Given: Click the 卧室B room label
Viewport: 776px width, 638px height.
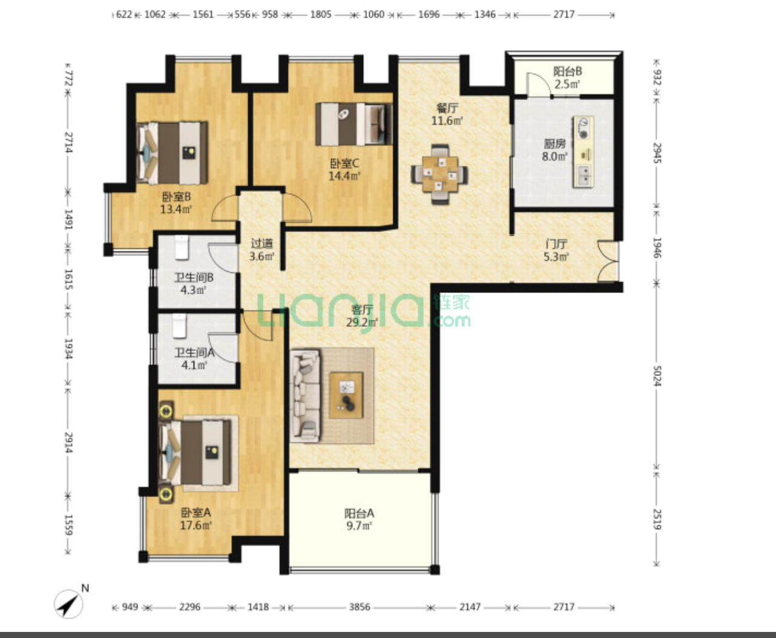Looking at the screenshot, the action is (176, 197).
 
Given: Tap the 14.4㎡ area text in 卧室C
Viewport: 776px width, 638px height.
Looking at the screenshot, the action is (344, 176).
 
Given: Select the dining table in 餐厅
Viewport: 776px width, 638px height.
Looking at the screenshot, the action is (439, 174).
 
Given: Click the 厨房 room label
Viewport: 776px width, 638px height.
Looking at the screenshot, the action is (554, 143).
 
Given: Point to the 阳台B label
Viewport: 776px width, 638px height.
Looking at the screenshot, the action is (567, 71).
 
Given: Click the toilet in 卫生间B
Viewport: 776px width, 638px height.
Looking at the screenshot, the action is (182, 248).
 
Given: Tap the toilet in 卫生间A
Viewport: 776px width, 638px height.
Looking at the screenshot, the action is (180, 326).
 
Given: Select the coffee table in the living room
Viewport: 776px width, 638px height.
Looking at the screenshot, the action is (346, 395).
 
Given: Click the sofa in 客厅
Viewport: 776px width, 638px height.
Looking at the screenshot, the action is (304, 395).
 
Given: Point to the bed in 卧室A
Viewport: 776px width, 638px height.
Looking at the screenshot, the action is (195, 452).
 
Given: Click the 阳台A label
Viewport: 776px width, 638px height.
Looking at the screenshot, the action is (359, 513).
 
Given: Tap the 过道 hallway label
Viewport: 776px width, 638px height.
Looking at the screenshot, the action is (261, 243).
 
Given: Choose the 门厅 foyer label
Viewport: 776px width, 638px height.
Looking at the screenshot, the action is (556, 243).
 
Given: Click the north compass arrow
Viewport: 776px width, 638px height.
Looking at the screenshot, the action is (69, 603).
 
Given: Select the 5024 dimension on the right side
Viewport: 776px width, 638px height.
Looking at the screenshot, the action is (657, 376).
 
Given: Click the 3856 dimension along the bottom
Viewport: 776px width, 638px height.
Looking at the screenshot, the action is (360, 607).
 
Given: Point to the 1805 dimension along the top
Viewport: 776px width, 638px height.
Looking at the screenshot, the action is (320, 15).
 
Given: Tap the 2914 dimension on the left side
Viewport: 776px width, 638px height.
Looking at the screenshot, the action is (68, 442).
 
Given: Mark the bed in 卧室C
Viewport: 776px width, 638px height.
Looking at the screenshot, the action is (354, 124).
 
